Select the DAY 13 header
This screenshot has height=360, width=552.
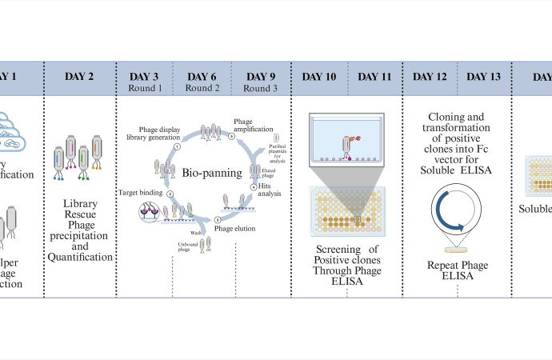pos(484,76)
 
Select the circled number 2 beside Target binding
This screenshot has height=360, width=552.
pos(170,194)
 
